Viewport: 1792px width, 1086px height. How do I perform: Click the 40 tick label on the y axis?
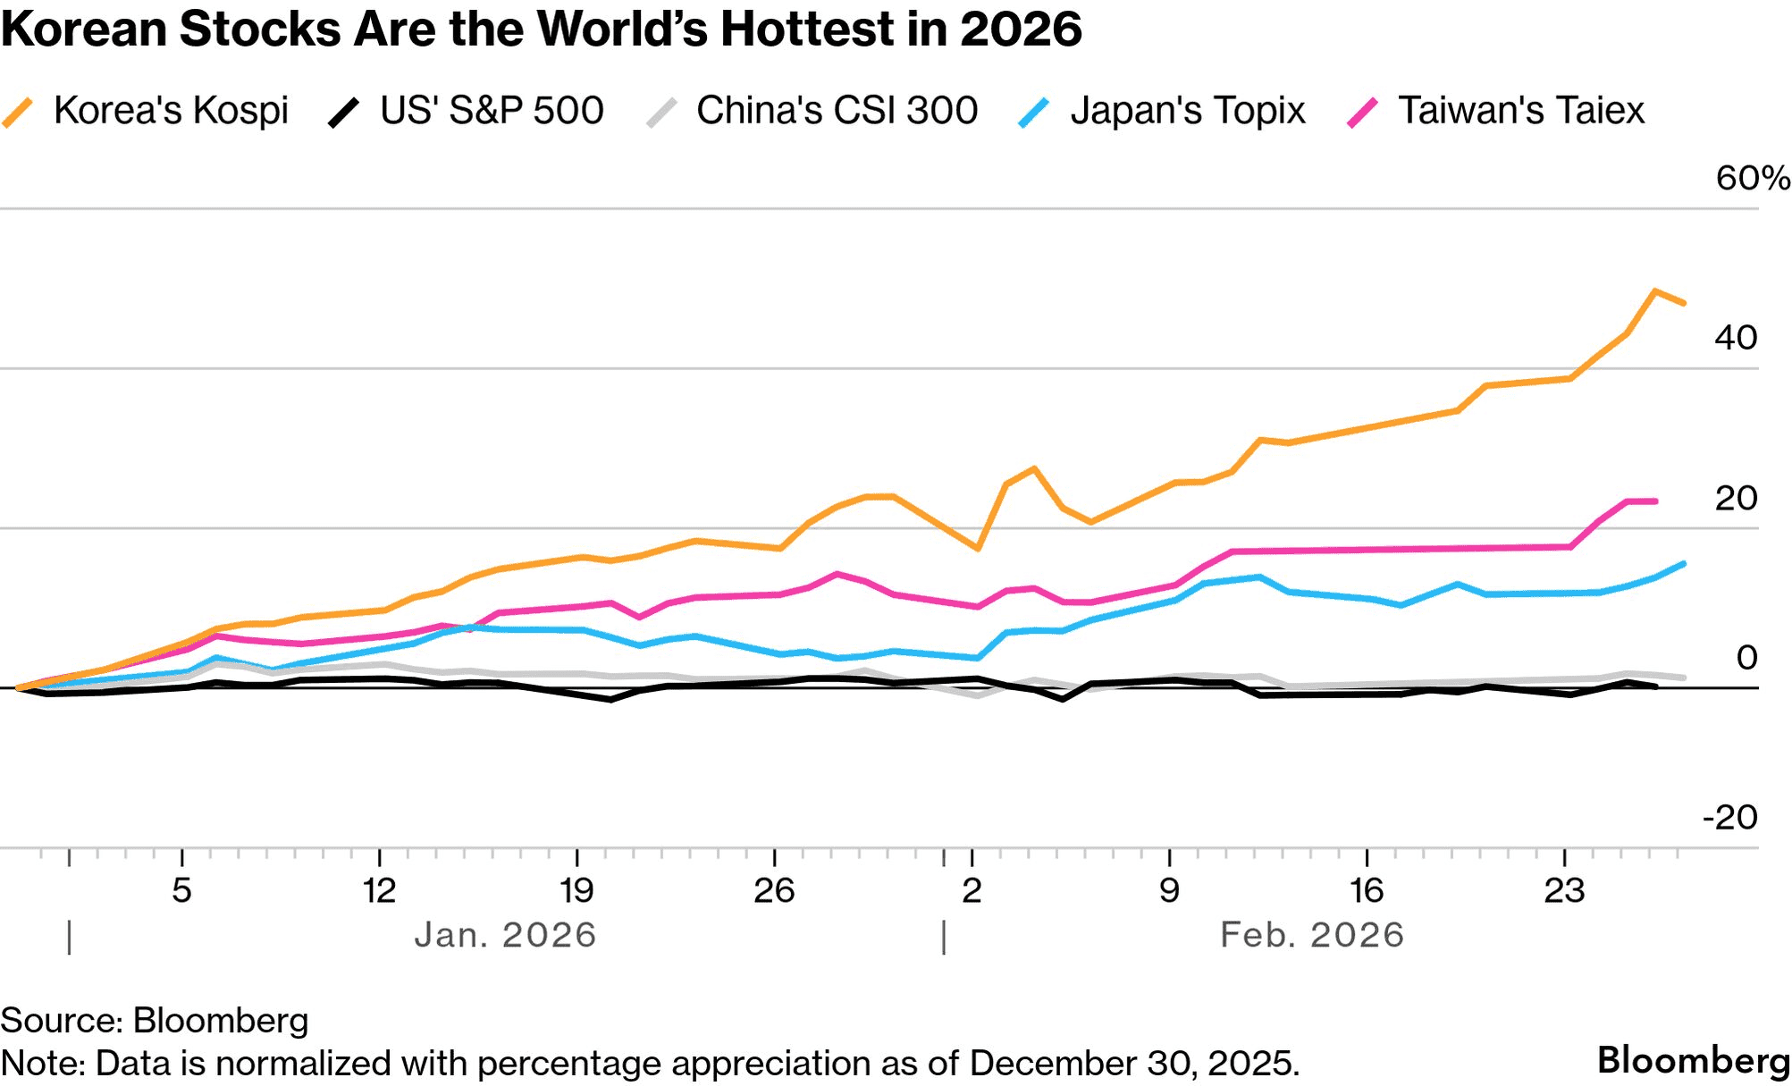[x=1736, y=338]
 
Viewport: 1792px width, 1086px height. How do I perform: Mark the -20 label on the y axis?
[x=1730, y=817]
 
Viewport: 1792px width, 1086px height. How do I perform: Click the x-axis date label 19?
[x=576, y=890]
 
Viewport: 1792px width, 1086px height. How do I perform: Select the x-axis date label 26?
[x=774, y=890]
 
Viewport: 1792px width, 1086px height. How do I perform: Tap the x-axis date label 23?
[x=1564, y=890]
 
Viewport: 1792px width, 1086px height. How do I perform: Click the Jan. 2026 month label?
[x=505, y=935]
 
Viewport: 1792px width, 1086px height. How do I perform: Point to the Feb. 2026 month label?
[x=1312, y=935]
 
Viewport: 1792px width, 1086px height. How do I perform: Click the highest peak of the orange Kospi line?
[x=1654, y=291]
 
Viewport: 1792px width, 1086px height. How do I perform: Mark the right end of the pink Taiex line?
[x=1656, y=501]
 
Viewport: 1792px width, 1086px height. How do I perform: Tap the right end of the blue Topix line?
[x=1684, y=563]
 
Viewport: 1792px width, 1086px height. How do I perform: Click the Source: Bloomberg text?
[x=155, y=1021]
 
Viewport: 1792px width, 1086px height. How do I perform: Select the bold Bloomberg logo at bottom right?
[x=1694, y=1061]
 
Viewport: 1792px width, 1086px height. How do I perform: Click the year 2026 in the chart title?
[x=1021, y=29]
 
